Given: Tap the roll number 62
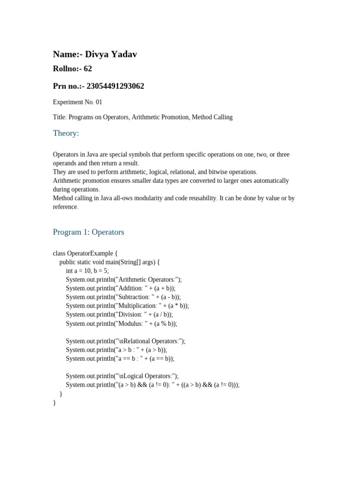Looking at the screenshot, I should coord(88,69).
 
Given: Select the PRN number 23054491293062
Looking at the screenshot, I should coord(115,86).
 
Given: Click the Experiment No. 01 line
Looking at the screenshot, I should coord(77,102).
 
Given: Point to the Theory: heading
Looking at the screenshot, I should coord(66,133).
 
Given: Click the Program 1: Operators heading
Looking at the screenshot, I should coord(88,232).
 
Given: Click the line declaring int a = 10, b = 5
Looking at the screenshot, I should coord(87,271).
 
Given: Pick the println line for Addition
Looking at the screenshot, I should coord(120,288).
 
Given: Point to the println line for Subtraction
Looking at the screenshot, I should coord(123,297).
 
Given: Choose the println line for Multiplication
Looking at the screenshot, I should coord(127,306).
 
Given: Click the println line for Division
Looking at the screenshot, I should coord(119,315).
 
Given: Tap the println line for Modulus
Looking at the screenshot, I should coord(121,323).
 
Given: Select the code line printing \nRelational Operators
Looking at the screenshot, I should coord(125,341).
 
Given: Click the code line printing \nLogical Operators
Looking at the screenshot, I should coord(122,376).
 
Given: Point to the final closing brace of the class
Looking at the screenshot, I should coord(54,402).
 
